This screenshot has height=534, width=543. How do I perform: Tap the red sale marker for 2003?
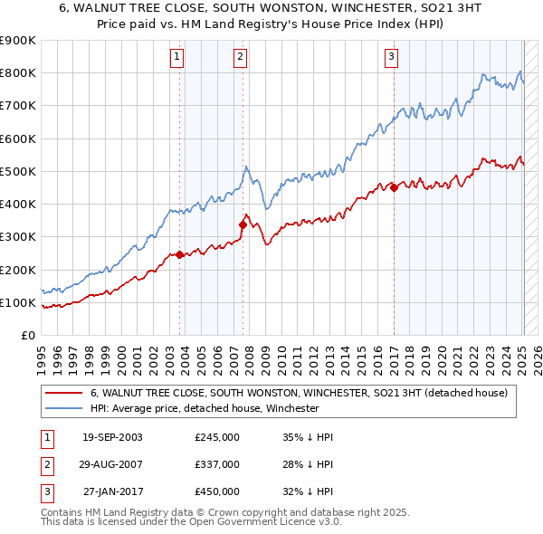[x=179, y=254]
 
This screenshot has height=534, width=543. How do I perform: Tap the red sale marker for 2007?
[x=243, y=224]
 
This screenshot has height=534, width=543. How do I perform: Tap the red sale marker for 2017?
[x=394, y=187]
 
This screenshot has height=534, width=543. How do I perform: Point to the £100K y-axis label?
[x=18, y=302]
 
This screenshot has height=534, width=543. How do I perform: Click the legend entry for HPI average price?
[x=205, y=408]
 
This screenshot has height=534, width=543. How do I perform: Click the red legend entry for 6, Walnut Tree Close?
[x=299, y=393]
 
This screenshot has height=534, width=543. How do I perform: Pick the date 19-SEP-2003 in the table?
[x=112, y=437]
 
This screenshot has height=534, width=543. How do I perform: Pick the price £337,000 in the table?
[x=217, y=464]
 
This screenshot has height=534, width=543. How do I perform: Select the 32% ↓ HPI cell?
[x=308, y=491]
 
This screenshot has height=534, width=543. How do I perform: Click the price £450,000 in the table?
[x=217, y=491]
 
